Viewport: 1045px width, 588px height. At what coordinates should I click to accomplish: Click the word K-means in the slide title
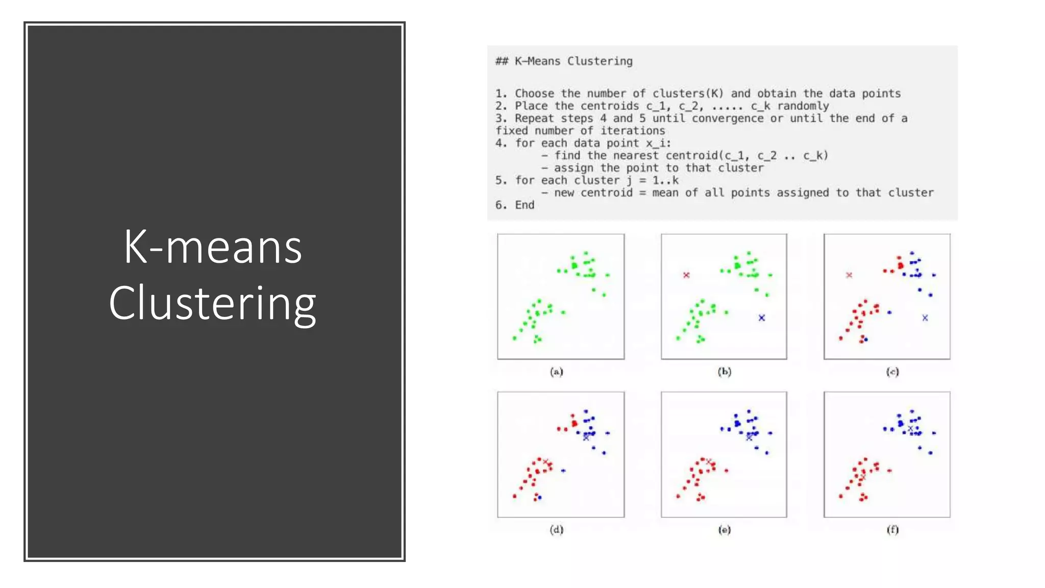[x=213, y=248]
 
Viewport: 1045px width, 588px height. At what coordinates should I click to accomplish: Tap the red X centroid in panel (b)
[x=686, y=275]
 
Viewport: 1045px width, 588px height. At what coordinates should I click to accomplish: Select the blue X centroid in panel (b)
[x=761, y=317]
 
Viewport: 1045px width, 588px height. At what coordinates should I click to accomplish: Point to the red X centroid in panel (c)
[x=849, y=275]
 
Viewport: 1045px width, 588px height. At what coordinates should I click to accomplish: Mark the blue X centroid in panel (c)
[x=925, y=317]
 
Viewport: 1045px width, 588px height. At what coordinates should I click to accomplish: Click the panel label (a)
[x=557, y=372]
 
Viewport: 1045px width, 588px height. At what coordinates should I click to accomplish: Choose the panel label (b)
[x=724, y=372]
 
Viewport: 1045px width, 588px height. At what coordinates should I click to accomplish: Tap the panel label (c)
[x=892, y=372]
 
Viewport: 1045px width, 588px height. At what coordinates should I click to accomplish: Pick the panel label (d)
[x=557, y=529]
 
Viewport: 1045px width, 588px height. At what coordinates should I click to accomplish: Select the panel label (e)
[x=724, y=530]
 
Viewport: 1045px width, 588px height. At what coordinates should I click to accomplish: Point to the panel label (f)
[x=892, y=529]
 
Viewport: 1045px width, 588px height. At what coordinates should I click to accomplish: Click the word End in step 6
[x=525, y=205]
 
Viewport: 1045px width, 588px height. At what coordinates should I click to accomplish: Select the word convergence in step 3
[x=728, y=118]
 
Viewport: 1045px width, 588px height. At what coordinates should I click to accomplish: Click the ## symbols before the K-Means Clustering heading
[x=502, y=61]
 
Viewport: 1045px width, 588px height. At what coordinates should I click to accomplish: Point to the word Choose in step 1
[x=534, y=94]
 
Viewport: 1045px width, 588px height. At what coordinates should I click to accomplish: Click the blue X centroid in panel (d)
[x=586, y=437]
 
